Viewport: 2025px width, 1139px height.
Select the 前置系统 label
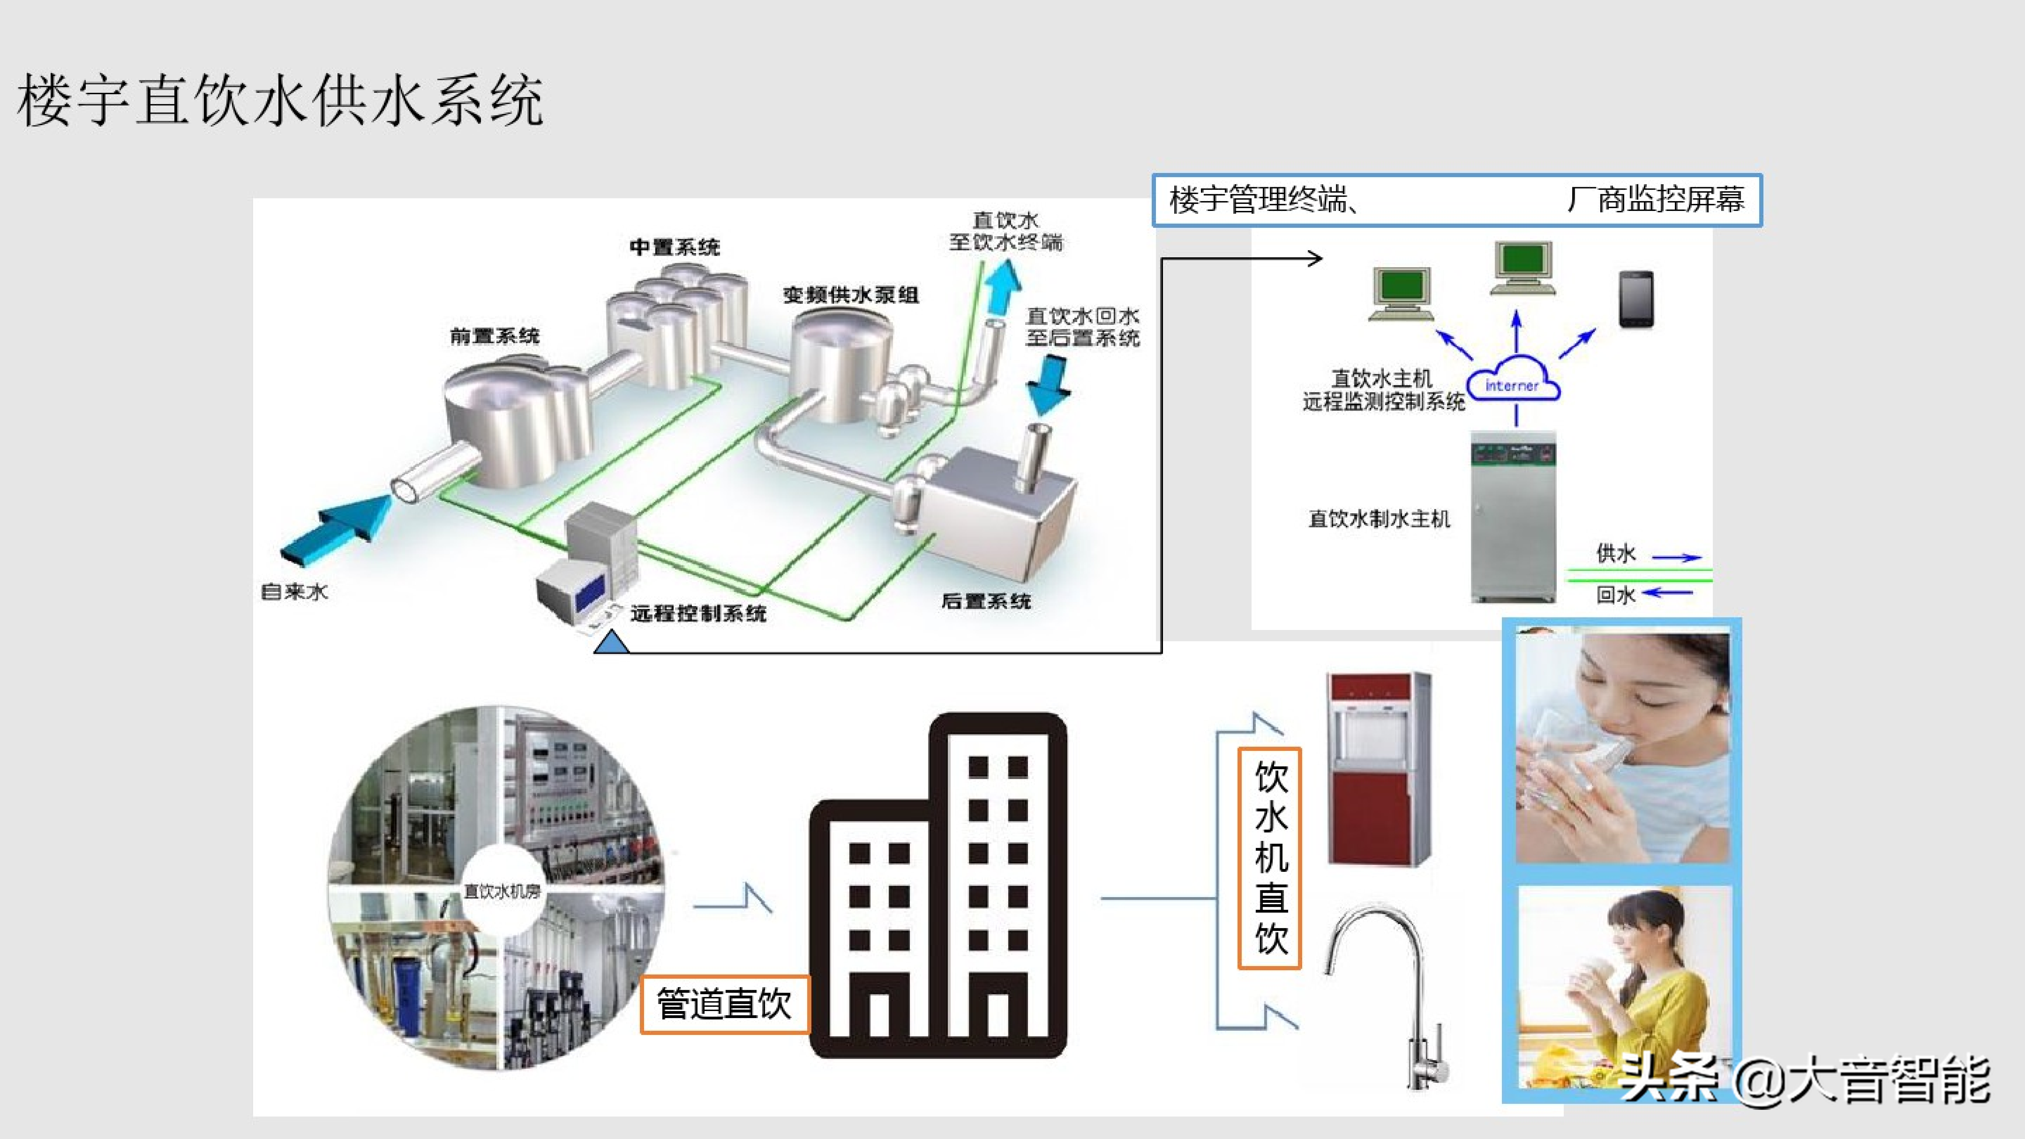[494, 336]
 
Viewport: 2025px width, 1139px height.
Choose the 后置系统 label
[986, 601]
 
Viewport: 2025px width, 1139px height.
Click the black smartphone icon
[1637, 299]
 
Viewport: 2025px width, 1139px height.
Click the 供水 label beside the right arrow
[1615, 553]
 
